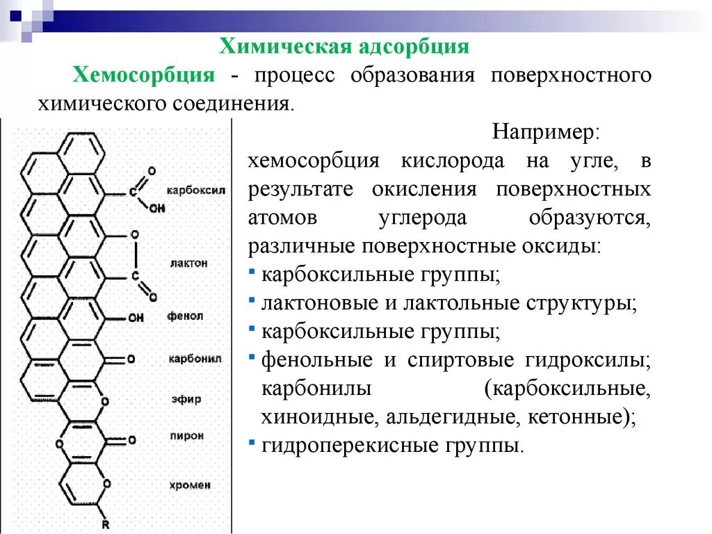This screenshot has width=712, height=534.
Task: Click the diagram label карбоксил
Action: click(x=196, y=190)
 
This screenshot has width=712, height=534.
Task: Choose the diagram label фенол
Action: click(x=185, y=316)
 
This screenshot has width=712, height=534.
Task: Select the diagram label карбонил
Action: click(x=195, y=359)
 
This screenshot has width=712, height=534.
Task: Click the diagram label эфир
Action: click(x=186, y=399)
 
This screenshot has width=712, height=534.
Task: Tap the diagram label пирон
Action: click(x=186, y=436)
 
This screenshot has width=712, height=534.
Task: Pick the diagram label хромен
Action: click(x=189, y=485)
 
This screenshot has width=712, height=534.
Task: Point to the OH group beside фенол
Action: click(x=136, y=318)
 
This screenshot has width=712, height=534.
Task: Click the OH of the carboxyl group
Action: click(x=156, y=207)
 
